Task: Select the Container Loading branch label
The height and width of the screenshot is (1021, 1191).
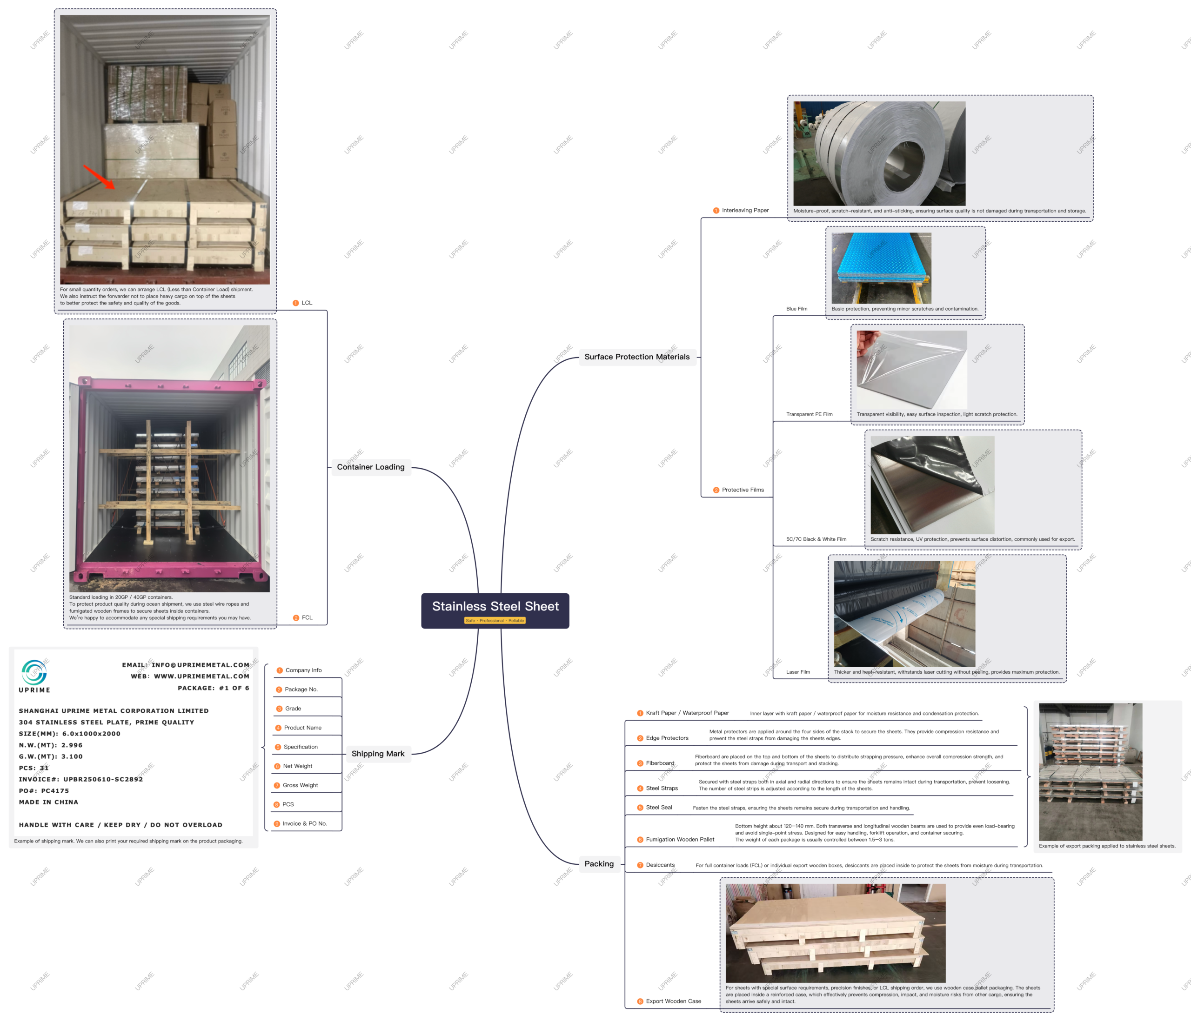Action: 371,467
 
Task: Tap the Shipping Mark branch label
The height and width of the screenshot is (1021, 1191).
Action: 378,754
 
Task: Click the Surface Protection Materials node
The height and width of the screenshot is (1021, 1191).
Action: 637,357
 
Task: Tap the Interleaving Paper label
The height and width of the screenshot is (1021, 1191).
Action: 741,210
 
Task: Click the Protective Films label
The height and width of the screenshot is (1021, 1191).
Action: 739,490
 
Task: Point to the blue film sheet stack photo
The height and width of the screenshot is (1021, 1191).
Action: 881,268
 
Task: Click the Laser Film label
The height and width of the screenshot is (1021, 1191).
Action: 798,672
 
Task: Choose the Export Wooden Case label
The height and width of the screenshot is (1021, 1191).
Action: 669,1001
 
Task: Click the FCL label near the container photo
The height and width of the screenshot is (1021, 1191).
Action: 303,617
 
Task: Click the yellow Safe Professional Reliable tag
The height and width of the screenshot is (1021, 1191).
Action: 495,621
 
